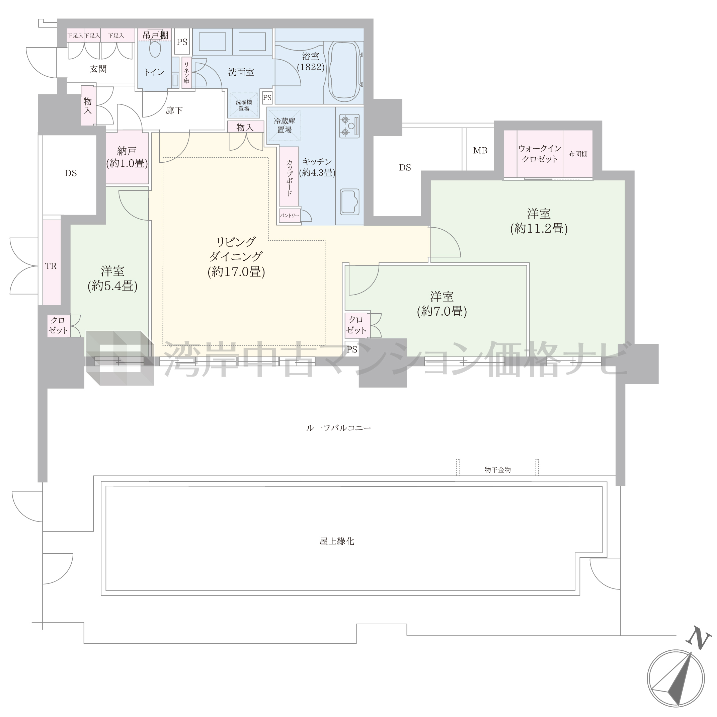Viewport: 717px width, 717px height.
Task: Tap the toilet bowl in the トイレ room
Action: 155,49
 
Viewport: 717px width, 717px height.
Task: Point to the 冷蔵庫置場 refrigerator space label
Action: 284,126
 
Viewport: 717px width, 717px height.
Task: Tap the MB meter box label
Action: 480,150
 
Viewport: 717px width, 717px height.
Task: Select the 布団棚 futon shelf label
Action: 578,154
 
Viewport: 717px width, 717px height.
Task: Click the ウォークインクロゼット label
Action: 540,154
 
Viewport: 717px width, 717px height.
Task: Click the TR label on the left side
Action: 51,266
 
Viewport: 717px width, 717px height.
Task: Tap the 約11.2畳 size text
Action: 539,228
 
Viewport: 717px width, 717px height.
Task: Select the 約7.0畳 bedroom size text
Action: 442,311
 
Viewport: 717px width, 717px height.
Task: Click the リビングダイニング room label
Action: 236,249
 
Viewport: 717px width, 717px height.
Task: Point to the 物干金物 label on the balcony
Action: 498,470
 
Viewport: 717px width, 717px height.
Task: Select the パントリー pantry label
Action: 290,215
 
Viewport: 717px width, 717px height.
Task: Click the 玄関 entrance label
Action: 98,69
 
